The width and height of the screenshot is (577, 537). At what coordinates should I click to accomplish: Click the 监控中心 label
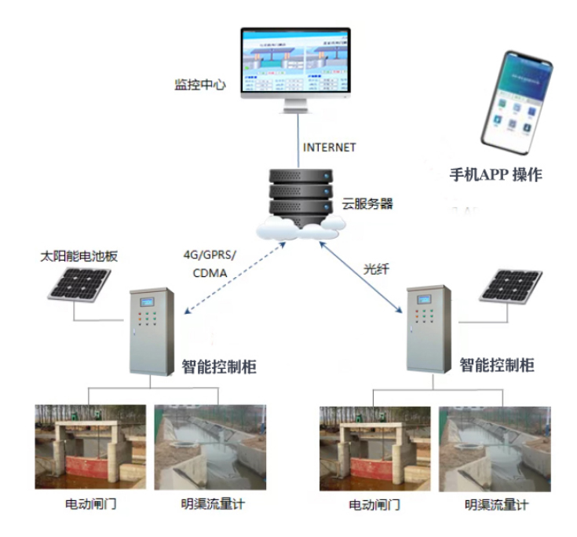(199, 84)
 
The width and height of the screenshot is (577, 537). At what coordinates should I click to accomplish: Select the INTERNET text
(329, 147)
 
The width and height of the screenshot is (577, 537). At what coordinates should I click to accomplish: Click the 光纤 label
(375, 268)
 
